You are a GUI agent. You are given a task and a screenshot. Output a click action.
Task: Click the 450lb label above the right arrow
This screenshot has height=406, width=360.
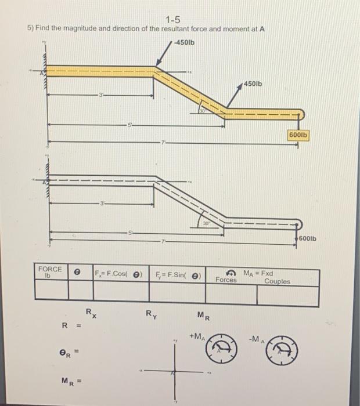(253, 84)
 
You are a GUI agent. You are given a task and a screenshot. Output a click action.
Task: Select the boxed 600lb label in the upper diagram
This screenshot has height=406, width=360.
(298, 135)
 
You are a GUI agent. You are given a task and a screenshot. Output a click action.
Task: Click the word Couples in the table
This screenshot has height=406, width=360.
(278, 281)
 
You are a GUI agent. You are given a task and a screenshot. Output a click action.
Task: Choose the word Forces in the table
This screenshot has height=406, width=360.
(226, 280)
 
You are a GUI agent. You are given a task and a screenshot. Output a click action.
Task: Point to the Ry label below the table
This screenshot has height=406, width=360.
(150, 315)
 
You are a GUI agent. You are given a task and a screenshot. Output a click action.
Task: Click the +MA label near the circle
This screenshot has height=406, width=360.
(196, 336)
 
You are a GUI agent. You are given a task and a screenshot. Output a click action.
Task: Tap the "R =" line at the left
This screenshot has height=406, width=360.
(70, 325)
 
